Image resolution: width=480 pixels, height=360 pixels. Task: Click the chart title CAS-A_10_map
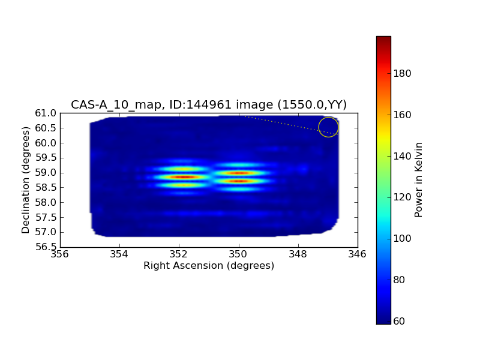[209, 104]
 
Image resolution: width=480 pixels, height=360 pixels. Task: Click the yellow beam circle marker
[328, 127]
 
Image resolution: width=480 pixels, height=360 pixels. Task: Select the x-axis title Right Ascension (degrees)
[209, 265]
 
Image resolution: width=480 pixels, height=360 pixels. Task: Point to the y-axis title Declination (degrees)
[26, 180]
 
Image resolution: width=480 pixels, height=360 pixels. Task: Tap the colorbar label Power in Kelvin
[419, 180]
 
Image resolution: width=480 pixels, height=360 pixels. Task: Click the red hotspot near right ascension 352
[183, 177]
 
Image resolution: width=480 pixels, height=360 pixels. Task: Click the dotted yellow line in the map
[282, 123]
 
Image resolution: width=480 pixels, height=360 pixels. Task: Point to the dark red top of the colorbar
[383, 39]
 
